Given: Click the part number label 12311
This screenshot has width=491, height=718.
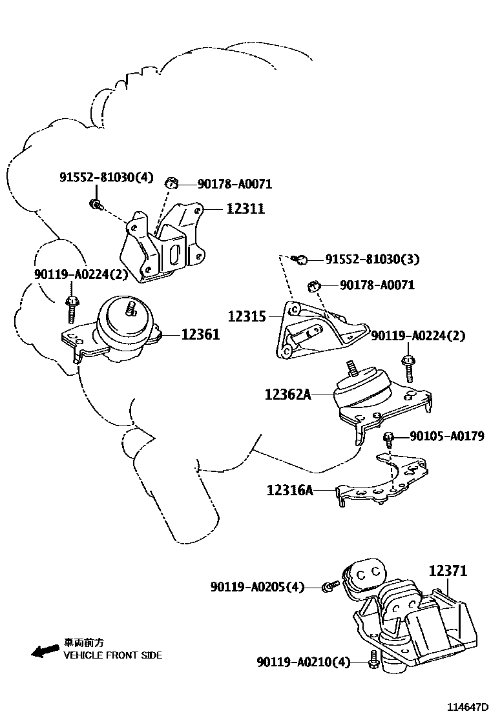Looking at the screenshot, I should tap(245, 209).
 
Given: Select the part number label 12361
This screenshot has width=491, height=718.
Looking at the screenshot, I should tap(200, 334).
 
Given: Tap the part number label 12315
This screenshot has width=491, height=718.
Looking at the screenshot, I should tap(247, 316).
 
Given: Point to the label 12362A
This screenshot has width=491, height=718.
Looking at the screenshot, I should tap(287, 394).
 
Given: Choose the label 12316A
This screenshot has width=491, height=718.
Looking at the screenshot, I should tap(289, 491).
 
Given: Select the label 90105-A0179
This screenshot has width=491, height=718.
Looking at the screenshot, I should tap(446, 436).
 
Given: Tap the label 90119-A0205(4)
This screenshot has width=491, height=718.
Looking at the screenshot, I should tap(256, 587).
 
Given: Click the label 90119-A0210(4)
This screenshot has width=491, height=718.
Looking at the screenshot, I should tap(303, 662).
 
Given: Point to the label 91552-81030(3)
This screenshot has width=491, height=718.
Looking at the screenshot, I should tap(372, 260).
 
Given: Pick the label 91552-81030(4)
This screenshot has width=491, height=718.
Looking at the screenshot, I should tap(107, 177).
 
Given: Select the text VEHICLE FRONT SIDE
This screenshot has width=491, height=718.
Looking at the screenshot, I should tap(112, 655).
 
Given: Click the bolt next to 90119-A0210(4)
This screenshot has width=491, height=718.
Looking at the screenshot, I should tap(373, 662).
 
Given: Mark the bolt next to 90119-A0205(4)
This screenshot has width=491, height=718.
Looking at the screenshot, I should tap(330, 586).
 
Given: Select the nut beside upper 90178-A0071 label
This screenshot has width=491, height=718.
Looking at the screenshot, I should tap(172, 184).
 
